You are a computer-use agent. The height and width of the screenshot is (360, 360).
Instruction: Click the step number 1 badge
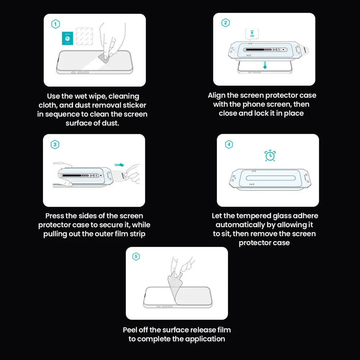55,24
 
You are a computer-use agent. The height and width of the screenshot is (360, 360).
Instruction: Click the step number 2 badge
225,23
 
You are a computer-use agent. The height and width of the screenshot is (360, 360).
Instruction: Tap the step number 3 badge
55,145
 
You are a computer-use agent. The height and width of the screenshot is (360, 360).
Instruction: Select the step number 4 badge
229,145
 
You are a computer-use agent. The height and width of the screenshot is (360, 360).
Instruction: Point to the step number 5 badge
136,257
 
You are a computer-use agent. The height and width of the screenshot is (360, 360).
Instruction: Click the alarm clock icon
270,156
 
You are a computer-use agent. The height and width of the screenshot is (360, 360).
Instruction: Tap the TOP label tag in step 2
252,35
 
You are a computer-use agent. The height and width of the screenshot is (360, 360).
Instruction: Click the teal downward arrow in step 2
265,65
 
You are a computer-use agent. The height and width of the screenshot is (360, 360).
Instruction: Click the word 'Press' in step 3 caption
55,216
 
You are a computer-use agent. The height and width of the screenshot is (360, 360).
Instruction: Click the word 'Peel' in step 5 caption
130,330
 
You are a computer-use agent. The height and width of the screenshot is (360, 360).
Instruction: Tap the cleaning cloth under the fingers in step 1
103,58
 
